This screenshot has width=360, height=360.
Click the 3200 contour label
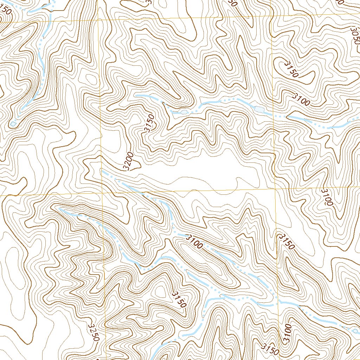[x=129, y=161]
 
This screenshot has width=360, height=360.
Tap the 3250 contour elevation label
[x=94, y=332]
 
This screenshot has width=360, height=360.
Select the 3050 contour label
[x=355, y=35]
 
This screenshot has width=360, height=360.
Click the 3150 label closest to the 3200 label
[x=149, y=123]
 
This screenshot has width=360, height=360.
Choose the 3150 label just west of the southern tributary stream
[x=179, y=299]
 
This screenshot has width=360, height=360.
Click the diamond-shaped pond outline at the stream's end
[x=13, y=124]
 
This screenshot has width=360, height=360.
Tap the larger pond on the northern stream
[x=258, y=109]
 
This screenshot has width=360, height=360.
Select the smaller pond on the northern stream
[x=184, y=112]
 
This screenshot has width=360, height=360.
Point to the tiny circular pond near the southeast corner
[x=355, y=330]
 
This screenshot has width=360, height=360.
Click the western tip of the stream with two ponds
[x=136, y=95]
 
